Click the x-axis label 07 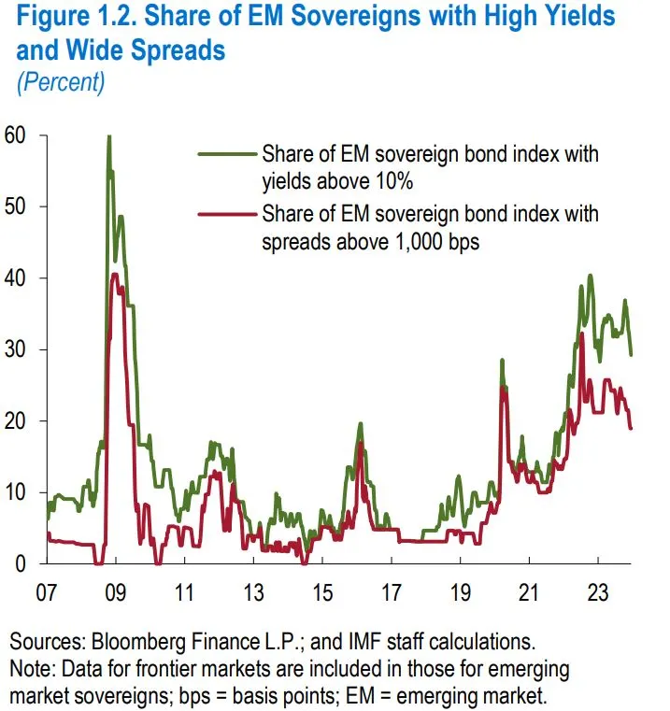click(x=46, y=592)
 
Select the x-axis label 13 click(x=254, y=592)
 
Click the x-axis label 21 click(x=530, y=592)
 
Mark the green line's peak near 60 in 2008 click(x=108, y=138)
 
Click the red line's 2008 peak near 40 click(x=114, y=275)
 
